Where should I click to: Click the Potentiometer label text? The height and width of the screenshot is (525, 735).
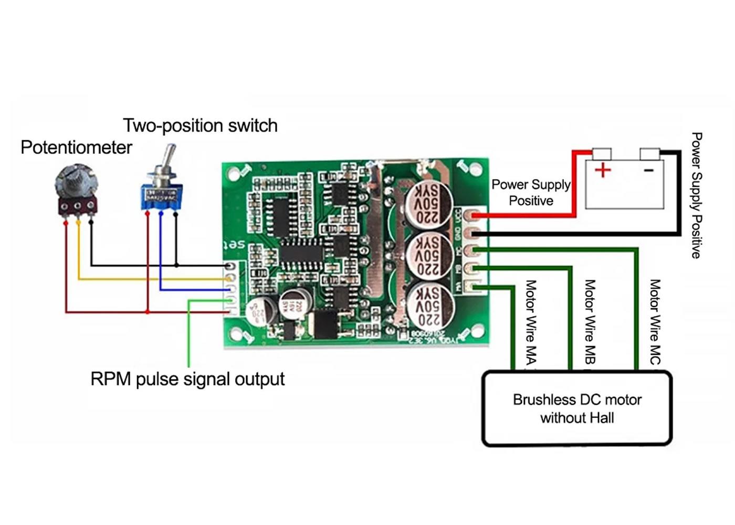[x=76, y=148]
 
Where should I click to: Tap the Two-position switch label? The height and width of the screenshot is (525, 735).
[x=200, y=126]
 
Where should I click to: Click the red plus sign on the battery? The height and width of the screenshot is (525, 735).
[x=603, y=170]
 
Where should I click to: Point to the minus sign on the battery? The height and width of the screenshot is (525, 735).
[x=649, y=170]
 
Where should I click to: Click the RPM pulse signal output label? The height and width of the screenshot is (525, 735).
[x=187, y=379]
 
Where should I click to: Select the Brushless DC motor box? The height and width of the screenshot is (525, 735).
[x=577, y=409]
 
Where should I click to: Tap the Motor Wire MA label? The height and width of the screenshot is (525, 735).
[x=531, y=323]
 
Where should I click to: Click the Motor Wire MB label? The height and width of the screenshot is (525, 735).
[x=590, y=323]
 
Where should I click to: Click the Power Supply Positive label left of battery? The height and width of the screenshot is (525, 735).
[x=531, y=193]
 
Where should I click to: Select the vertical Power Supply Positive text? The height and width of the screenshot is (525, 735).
[x=696, y=195]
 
